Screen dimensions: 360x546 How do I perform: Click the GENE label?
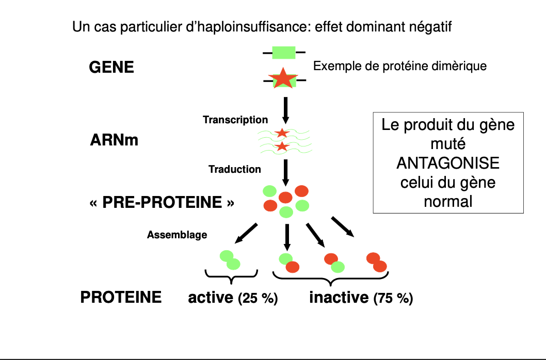pos(111,67)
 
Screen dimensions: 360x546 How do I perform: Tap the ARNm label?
pos(114,139)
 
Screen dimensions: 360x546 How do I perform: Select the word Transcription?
pos(235,120)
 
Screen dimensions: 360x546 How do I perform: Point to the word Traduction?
pos(235,169)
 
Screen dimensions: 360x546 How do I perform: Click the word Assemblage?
pos(177,235)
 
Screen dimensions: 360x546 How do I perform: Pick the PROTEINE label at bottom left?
pos(121,297)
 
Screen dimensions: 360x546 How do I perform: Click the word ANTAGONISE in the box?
pos(448,162)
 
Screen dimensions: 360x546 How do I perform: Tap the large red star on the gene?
pos(283,78)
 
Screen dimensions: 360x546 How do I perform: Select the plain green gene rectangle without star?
pos(283,52)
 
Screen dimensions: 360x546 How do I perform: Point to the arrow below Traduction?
pos(285,173)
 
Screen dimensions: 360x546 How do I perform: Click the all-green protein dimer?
pos(230,259)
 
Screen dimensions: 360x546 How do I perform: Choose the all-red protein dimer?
pos(376,261)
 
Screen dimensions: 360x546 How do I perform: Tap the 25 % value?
pos(258,299)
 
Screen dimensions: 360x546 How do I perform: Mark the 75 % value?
pos(393,299)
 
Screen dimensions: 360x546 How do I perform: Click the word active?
pos(211,298)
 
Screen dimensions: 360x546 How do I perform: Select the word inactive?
pos(339,298)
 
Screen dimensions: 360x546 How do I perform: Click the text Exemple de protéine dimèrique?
pos(400,67)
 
